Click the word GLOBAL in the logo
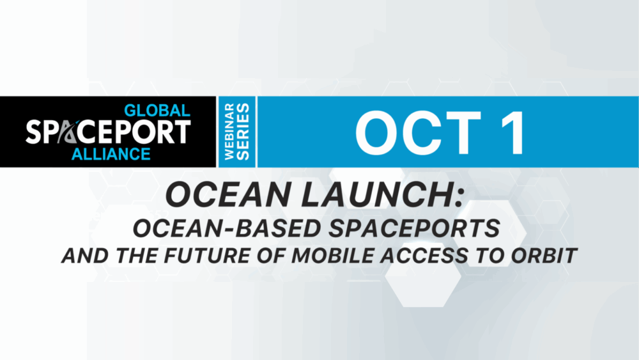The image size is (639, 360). point(157,111)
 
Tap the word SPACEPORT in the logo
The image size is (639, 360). point(109,132)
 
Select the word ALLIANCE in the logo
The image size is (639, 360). point(111,154)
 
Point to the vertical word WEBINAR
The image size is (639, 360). point(229,131)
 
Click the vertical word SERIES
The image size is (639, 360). point(243,131)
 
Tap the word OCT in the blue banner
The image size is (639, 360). point(418,133)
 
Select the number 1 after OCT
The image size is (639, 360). point(514,133)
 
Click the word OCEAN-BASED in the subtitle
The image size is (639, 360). point(227,228)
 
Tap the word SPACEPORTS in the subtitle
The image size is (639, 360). point(415,228)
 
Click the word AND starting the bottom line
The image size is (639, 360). point(85,256)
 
